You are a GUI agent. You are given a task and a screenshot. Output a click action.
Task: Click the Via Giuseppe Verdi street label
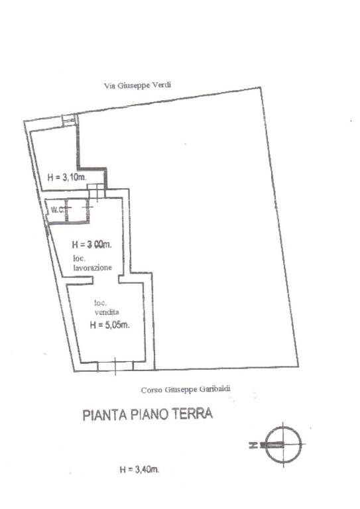[x=137, y=85]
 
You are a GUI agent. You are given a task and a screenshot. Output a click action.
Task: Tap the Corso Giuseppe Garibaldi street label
[x=186, y=389]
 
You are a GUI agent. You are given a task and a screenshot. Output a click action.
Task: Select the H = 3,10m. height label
[x=67, y=177]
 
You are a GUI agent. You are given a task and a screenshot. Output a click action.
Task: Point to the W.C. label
[x=58, y=209]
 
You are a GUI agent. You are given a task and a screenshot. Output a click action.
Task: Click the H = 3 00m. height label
[x=91, y=245]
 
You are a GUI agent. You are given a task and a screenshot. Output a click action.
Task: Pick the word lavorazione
[x=93, y=268]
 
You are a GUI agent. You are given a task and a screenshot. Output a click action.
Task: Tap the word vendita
[x=107, y=312]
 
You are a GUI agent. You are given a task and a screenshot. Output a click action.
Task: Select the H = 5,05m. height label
[x=109, y=325]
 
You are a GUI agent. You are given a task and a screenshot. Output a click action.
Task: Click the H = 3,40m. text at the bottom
[x=140, y=469]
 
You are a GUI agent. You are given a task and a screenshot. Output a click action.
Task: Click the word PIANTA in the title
[x=105, y=415]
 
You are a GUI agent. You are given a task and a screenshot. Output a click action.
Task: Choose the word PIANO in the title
[x=149, y=414]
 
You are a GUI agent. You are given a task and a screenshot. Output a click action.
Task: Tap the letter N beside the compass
[x=253, y=445]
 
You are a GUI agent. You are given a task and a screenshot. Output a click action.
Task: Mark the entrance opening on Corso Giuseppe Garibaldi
[x=115, y=367]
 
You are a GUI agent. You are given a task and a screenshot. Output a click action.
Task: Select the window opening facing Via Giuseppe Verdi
[x=69, y=120]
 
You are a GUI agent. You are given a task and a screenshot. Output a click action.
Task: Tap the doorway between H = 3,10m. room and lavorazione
[x=97, y=191]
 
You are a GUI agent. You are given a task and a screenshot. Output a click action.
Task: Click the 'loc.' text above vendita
[x=100, y=303]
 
